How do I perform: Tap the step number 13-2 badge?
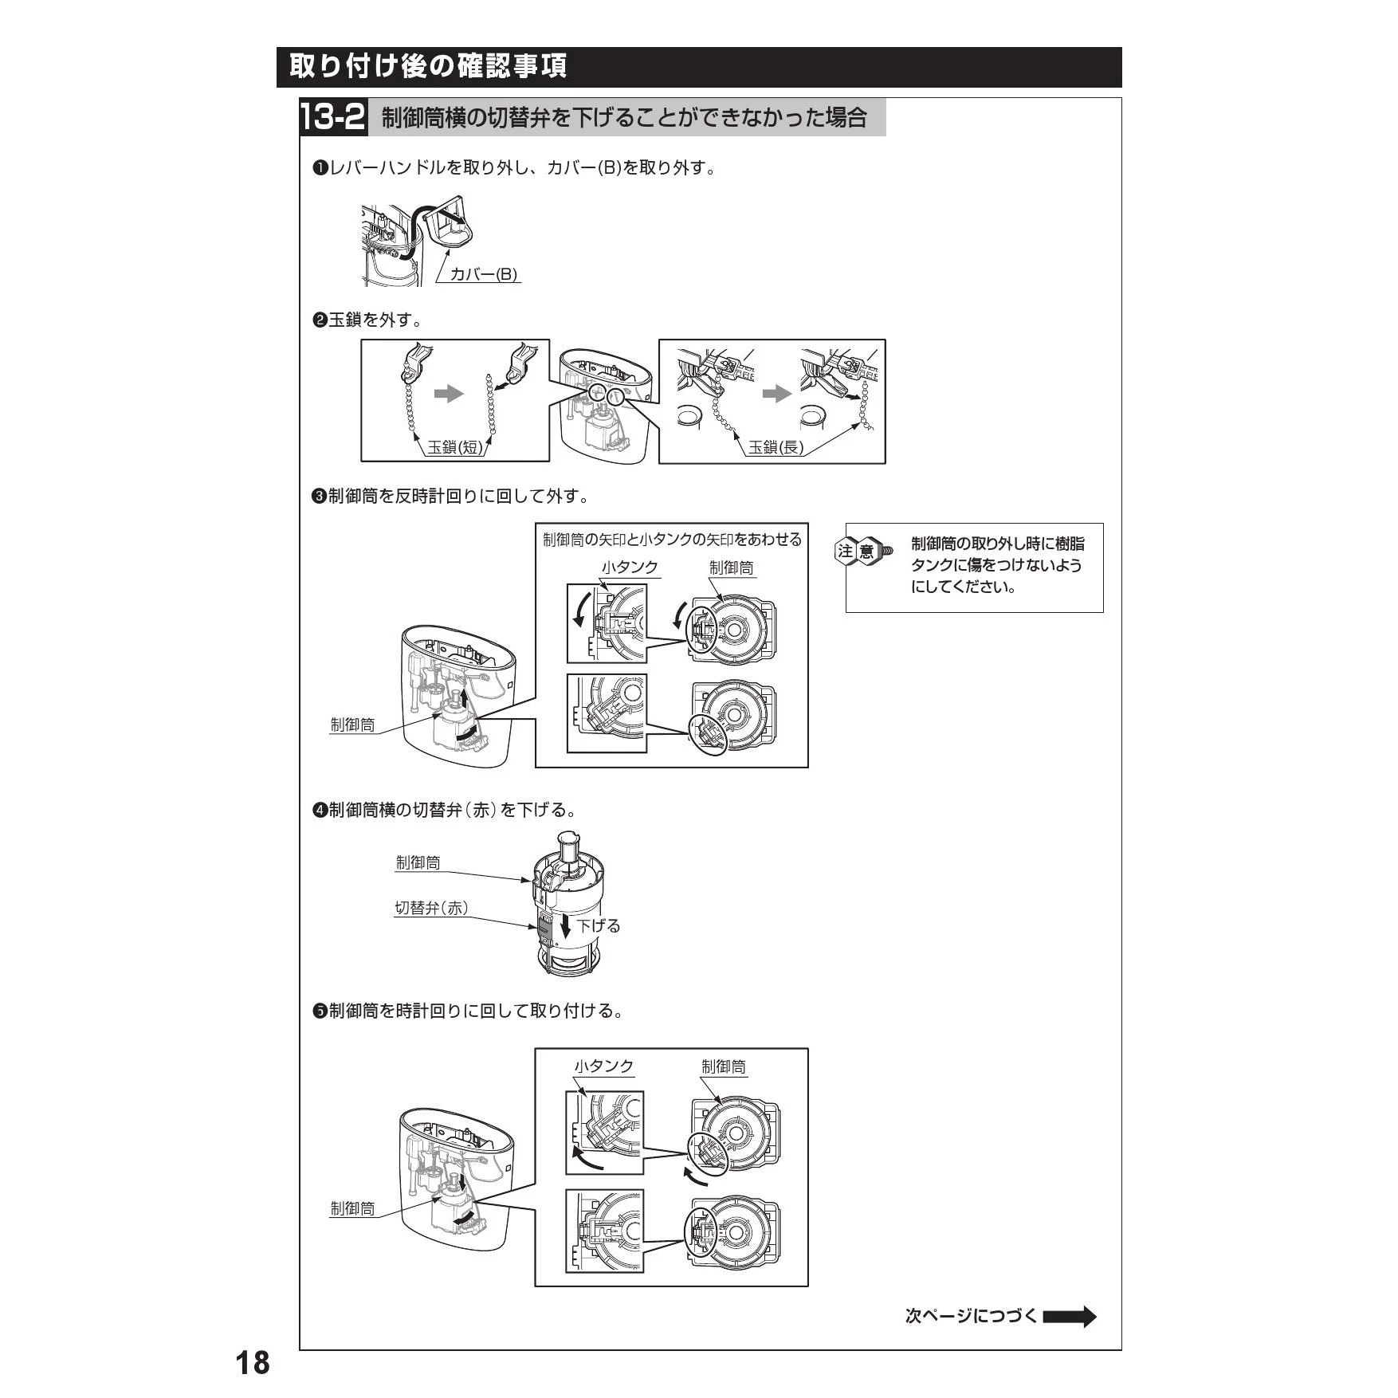tap(333, 118)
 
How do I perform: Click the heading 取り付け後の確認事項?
tap(428, 66)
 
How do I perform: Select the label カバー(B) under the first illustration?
tap(484, 274)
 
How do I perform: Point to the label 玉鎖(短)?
tap(455, 447)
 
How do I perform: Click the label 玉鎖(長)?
tap(776, 447)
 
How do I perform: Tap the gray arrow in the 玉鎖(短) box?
tap(449, 394)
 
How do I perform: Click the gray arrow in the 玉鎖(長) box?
tap(777, 394)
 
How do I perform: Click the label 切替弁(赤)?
tap(431, 908)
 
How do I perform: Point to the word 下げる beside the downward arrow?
tap(599, 926)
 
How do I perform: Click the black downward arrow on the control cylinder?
tap(565, 925)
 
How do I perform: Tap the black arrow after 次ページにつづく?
tap(1070, 1316)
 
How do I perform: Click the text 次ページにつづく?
tap(972, 1316)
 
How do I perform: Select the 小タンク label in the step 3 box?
tap(630, 567)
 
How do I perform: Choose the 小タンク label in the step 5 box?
tap(604, 1066)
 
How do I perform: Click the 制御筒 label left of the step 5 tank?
tap(352, 1208)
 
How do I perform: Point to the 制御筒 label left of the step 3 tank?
tap(352, 725)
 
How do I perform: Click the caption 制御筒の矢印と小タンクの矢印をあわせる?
tap(672, 540)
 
